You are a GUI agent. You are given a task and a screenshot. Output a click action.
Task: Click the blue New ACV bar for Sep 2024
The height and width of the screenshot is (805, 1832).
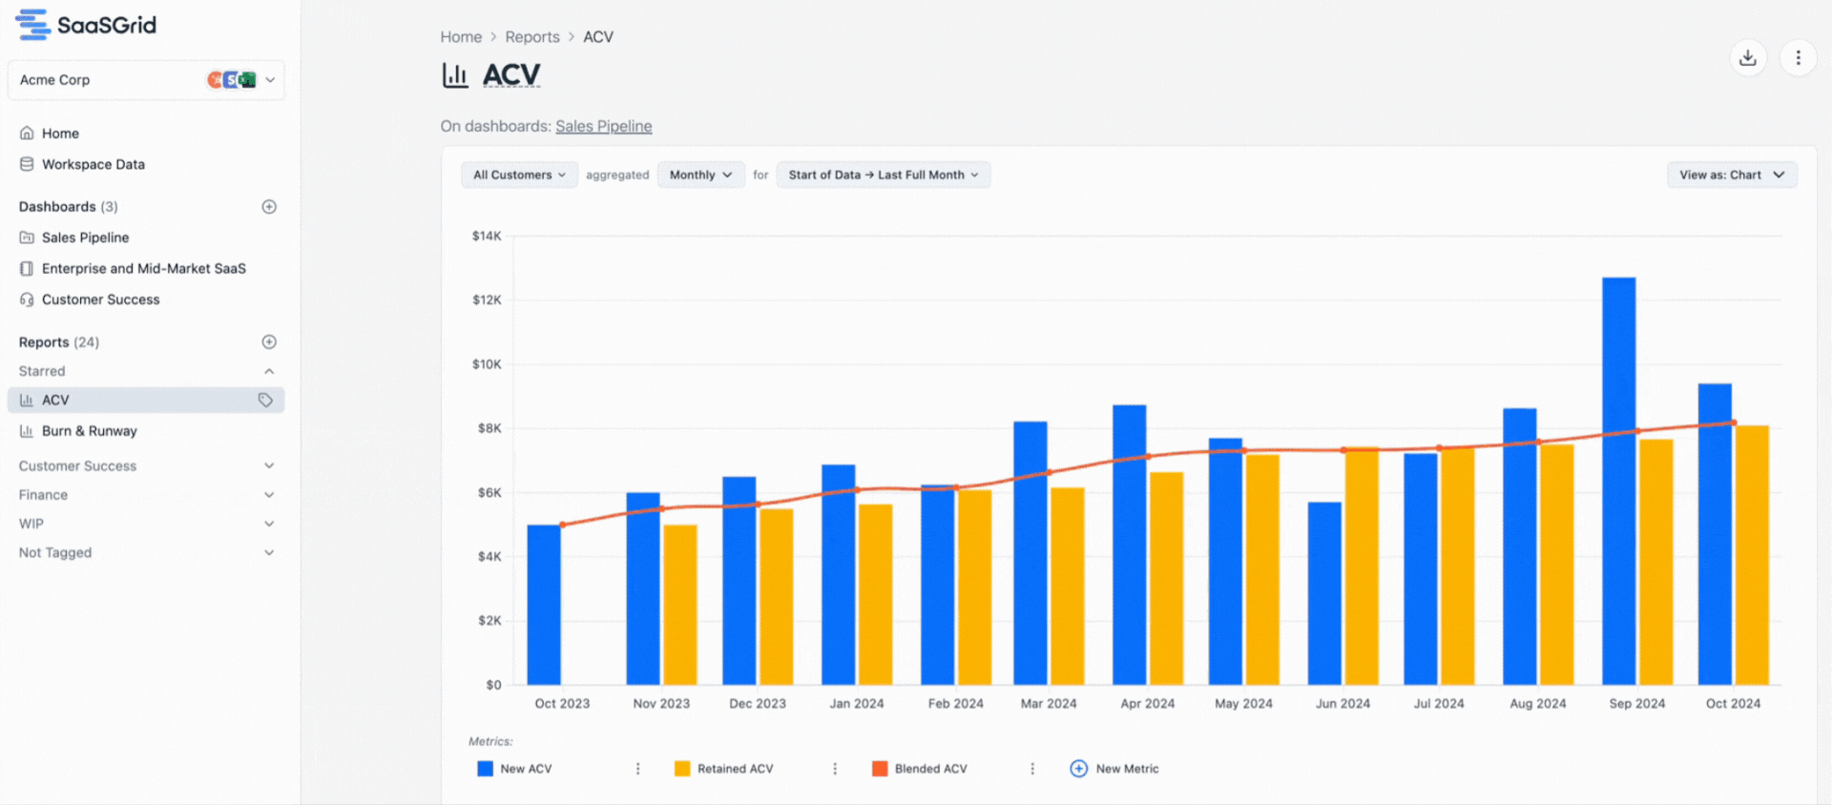pyautogui.click(x=1618, y=481)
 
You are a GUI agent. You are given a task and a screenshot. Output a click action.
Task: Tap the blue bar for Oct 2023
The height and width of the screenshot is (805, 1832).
pyautogui.click(x=544, y=605)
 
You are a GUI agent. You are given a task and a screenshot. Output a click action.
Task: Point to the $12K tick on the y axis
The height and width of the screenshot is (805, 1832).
pyautogui.click(x=487, y=299)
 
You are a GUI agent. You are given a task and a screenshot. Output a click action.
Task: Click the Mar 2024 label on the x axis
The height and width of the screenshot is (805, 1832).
pyautogui.click(x=1048, y=704)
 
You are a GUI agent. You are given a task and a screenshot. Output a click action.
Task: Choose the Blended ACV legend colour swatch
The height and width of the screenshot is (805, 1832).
pyautogui.click(x=880, y=769)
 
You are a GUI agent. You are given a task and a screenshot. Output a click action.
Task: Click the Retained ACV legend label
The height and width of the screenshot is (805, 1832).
pyautogui.click(x=735, y=769)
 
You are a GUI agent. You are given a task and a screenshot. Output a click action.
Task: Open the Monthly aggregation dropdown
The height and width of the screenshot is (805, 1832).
pyautogui.click(x=700, y=175)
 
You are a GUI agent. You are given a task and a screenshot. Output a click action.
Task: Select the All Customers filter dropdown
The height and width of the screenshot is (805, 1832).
pyautogui.click(x=519, y=175)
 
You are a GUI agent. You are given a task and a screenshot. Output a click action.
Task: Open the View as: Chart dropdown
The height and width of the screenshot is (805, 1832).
pyautogui.click(x=1731, y=175)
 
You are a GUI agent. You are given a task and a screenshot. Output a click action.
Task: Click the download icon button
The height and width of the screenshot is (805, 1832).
pyautogui.click(x=1747, y=58)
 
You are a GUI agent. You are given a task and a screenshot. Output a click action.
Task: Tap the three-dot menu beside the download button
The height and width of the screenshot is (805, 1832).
pyautogui.click(x=1798, y=58)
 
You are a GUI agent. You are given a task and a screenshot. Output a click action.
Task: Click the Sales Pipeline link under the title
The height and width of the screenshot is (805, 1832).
pyautogui.click(x=603, y=126)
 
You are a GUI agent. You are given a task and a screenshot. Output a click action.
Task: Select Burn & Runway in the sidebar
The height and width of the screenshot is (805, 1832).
pyautogui.click(x=89, y=431)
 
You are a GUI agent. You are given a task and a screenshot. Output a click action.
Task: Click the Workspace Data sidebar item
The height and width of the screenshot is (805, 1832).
pyautogui.click(x=93, y=164)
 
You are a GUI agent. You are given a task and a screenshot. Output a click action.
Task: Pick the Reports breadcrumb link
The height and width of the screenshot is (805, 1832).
pyautogui.click(x=531, y=37)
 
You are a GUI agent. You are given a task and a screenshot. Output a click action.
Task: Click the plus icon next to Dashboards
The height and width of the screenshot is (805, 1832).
pyautogui.click(x=269, y=207)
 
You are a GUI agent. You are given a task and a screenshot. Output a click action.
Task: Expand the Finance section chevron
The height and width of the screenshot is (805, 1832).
pyautogui.click(x=269, y=495)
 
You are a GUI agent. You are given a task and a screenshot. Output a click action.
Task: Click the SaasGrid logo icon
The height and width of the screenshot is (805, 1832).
pyautogui.click(x=32, y=25)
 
